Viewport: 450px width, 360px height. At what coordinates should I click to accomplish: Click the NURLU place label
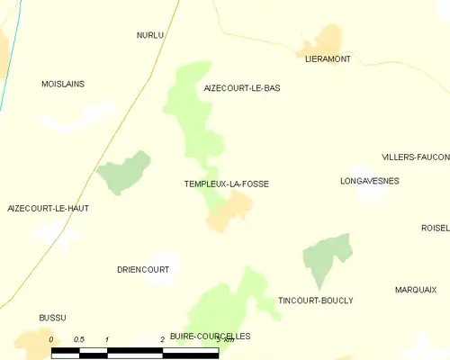150,35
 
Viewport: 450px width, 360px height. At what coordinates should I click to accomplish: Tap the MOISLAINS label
63,84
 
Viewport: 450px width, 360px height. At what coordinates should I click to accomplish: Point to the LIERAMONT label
328,59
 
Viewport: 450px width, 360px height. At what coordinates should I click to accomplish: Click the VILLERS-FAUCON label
415,157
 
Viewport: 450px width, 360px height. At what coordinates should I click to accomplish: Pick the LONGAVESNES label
369,181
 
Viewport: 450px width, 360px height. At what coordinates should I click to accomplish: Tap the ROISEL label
435,228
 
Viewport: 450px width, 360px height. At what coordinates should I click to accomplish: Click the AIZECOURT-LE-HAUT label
49,208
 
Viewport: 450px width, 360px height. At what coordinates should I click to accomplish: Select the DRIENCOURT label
143,269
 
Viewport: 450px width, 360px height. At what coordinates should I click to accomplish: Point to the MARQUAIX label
416,290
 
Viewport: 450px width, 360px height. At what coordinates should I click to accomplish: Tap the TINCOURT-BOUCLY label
316,301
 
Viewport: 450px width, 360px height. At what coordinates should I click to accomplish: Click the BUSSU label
52,318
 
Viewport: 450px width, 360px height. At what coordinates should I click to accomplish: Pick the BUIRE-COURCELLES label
210,336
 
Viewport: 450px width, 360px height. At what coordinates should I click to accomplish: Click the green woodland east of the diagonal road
123,173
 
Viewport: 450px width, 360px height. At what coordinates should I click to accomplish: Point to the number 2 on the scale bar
162,339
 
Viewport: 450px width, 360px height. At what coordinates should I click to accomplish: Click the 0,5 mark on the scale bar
78,339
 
